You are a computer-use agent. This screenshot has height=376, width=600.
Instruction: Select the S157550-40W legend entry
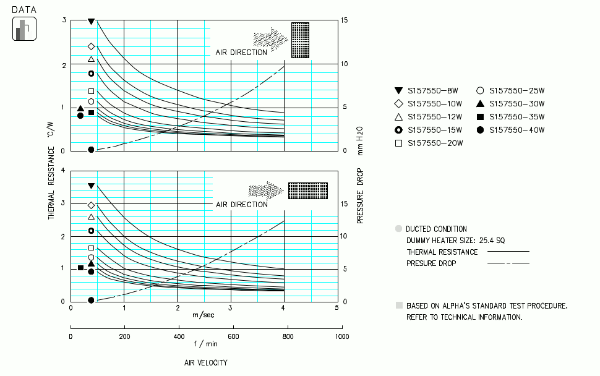[510, 130]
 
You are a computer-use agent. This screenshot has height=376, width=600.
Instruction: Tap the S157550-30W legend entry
[510, 103]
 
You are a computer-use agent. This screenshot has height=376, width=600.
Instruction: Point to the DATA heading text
[24, 10]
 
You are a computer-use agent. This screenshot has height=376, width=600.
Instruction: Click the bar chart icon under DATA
[24, 29]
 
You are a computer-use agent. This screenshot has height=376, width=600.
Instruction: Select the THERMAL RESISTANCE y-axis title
[51, 170]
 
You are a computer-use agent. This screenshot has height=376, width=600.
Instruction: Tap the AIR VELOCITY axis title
[205, 362]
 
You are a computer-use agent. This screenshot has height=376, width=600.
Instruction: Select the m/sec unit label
[204, 315]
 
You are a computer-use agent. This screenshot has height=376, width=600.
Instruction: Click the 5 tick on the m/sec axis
[336, 307]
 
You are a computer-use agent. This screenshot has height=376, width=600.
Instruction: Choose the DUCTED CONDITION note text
[436, 229]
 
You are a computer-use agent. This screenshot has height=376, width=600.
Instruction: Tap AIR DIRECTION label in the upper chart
[241, 53]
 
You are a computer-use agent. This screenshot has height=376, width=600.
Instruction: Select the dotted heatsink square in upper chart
[300, 40]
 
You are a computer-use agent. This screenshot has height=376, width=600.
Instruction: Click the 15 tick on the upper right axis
[345, 20]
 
